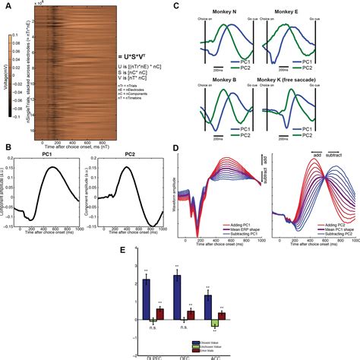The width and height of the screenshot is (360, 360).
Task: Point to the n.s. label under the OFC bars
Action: pos(185,328)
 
